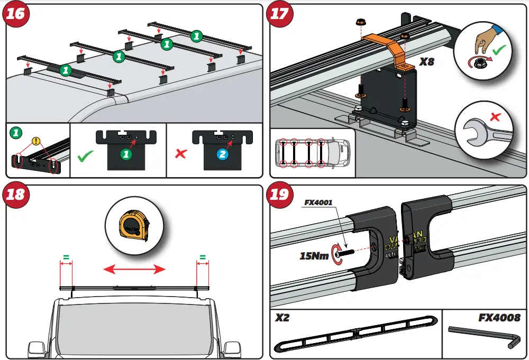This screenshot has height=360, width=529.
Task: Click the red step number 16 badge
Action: [x=16, y=14]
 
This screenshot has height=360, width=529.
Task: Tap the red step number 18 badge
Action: [x=16, y=195]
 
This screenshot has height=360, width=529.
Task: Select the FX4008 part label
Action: [x=499, y=318]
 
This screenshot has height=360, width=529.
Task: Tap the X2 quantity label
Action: [x=285, y=318]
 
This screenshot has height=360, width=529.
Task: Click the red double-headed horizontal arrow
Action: [x=134, y=270]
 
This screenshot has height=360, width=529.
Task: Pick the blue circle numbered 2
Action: [x=223, y=154]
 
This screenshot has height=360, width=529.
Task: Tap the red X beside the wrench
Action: [x=495, y=116]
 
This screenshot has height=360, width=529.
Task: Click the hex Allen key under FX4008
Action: [x=484, y=336]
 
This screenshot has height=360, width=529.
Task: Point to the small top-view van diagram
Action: [x=312, y=153]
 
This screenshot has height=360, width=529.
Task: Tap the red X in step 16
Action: [x=181, y=154]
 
